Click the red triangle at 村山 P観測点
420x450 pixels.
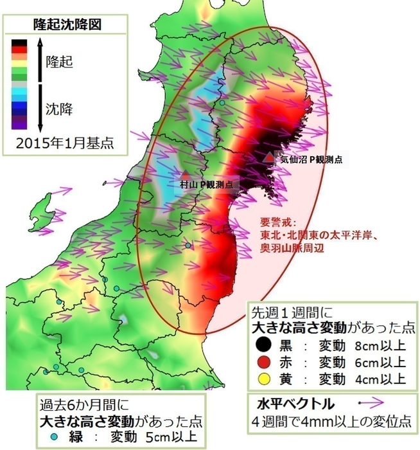(185, 174)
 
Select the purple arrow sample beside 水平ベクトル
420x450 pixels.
(371, 404)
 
